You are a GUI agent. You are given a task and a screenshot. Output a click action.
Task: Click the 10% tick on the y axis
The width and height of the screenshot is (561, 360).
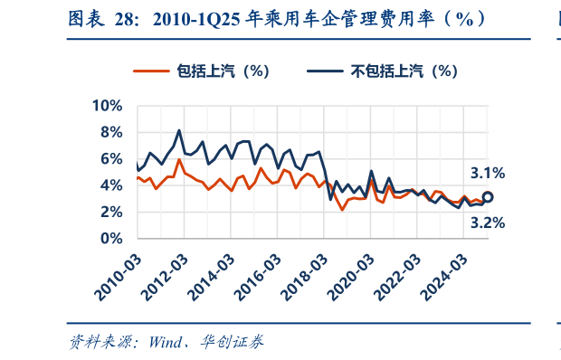(107, 106)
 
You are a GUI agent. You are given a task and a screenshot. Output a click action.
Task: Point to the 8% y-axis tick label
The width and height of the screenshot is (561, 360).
(111, 132)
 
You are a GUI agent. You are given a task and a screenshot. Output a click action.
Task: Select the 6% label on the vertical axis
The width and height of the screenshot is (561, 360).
(111, 158)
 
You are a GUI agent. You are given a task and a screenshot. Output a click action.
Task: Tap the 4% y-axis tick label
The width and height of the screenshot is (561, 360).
(111, 185)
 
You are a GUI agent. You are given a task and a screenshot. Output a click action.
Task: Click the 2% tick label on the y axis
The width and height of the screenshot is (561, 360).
(111, 212)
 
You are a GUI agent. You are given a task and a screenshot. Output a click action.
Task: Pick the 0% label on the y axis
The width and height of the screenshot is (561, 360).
(111, 238)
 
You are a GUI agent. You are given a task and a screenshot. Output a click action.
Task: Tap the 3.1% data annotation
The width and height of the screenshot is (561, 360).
(488, 173)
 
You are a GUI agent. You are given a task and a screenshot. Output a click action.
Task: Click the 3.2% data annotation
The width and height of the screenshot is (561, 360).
(488, 222)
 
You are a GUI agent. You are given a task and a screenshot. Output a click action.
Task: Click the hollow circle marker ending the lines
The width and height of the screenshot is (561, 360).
(488, 196)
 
